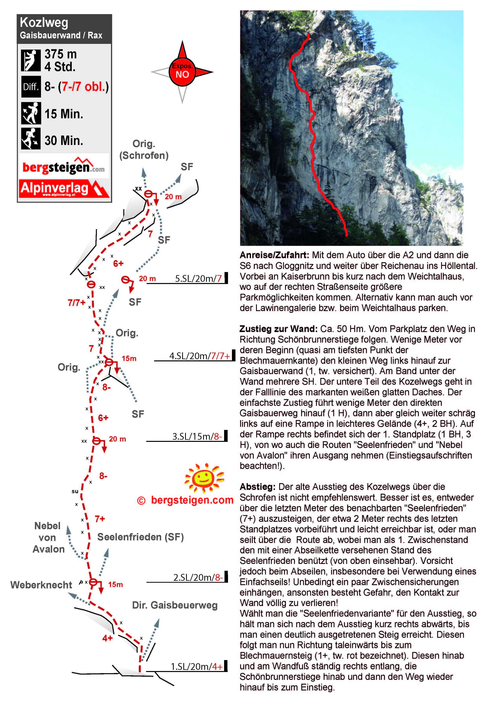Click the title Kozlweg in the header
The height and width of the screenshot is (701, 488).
[x=44, y=23]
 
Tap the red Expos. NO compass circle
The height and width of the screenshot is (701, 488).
[x=182, y=72]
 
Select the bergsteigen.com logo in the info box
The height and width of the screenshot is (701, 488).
[x=64, y=167]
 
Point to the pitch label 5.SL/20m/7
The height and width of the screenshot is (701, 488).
[x=198, y=279]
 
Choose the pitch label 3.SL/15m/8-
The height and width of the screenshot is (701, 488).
[x=197, y=436]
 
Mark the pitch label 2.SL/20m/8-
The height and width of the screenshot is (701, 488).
[x=198, y=577]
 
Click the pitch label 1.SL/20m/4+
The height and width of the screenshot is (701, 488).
[x=197, y=667]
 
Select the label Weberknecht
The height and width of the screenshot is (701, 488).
[x=41, y=585]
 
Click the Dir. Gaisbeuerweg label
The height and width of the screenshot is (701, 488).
[x=174, y=605]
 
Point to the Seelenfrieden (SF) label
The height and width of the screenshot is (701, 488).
[x=141, y=537]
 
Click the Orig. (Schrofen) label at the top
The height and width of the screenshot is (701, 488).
[x=144, y=150]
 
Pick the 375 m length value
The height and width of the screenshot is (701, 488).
[x=61, y=54]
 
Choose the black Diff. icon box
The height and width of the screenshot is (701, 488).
[x=31, y=87]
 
